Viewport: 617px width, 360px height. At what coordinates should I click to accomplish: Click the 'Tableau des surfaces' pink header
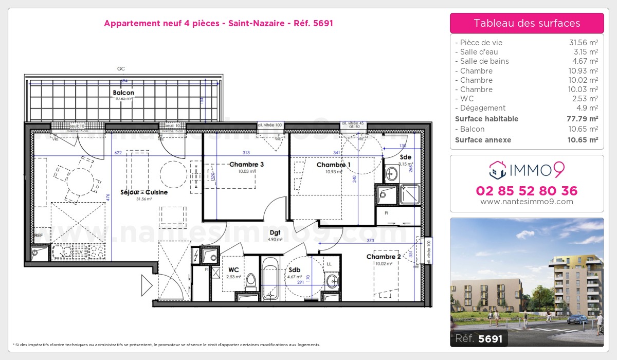point(527,23)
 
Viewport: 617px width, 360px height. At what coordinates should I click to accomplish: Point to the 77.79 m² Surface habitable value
point(585,119)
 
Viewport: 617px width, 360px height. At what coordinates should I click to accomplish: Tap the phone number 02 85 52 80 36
point(527,191)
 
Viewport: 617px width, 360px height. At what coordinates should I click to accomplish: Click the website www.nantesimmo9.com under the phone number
point(527,202)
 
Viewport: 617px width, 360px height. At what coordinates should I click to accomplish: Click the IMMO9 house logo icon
point(498,168)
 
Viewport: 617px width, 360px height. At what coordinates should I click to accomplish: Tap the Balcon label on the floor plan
point(123,93)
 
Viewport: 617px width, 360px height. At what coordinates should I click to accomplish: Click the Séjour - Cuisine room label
point(144,192)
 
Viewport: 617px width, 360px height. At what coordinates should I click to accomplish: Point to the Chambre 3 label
point(246,165)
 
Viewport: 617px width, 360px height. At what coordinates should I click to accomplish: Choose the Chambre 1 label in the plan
point(333,165)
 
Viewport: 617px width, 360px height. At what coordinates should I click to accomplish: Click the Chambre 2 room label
point(383,257)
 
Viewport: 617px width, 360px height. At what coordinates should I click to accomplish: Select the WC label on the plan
point(233,269)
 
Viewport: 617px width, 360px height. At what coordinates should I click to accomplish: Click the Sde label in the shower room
point(405,157)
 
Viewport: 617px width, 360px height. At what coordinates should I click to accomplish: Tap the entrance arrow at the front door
point(147,285)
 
